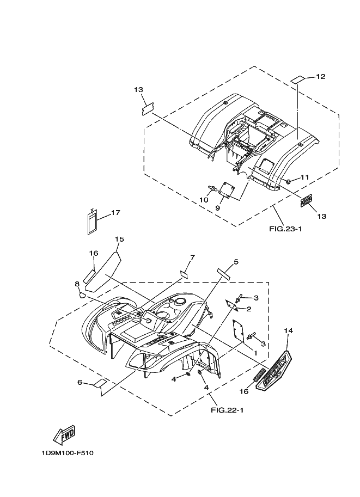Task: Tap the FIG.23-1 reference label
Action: pos(285,229)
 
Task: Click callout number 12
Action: pos(320,77)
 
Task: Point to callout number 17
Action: pos(116,213)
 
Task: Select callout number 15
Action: pos(120,239)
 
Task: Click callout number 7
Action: pos(192,257)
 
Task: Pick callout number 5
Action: pos(236,262)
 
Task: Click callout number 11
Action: pos(304,177)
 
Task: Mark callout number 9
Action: pos(218,207)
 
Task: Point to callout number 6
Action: pos(80,383)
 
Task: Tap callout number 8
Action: pos(77,284)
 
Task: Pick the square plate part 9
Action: pos(228,192)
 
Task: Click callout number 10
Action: pos(204,200)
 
